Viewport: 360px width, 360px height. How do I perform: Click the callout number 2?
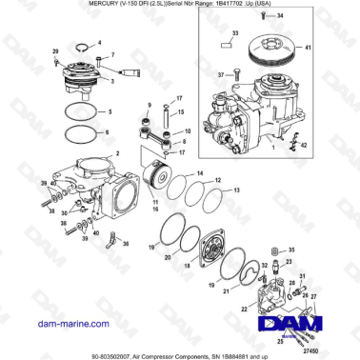pos(116,153)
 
